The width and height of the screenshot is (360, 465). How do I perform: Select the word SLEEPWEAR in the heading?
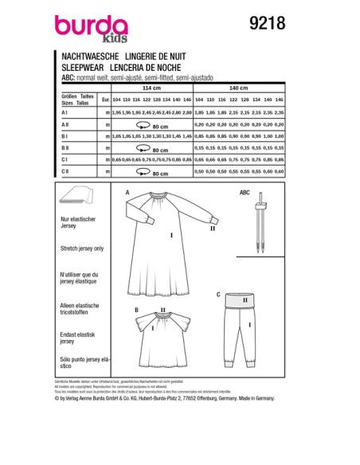tap(78, 68)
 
